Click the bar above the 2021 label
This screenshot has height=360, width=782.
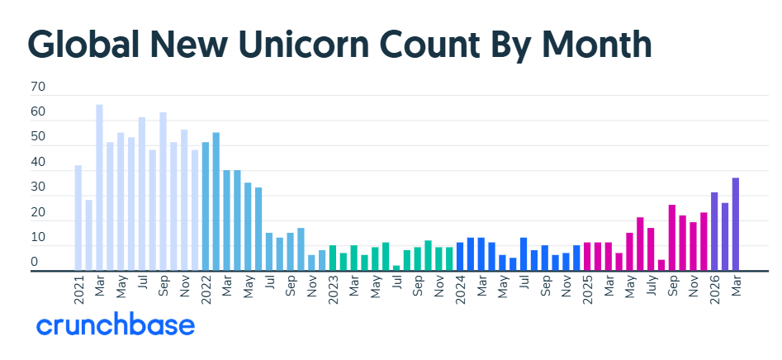(78, 218)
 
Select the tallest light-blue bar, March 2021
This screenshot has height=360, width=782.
(99, 187)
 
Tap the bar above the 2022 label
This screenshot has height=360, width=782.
(206, 206)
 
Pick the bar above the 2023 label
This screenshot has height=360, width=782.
(333, 258)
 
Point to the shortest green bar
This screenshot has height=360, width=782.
(396, 268)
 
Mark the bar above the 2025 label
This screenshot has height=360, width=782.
(587, 257)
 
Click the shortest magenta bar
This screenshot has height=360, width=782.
(661, 265)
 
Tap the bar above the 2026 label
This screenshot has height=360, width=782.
(714, 231)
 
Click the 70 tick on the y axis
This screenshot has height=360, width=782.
(38, 87)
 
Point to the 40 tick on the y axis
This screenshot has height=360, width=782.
(38, 163)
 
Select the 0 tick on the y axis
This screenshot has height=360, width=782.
(35, 263)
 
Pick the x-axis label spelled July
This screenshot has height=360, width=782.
(651, 287)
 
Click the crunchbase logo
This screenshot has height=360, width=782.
(116, 324)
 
